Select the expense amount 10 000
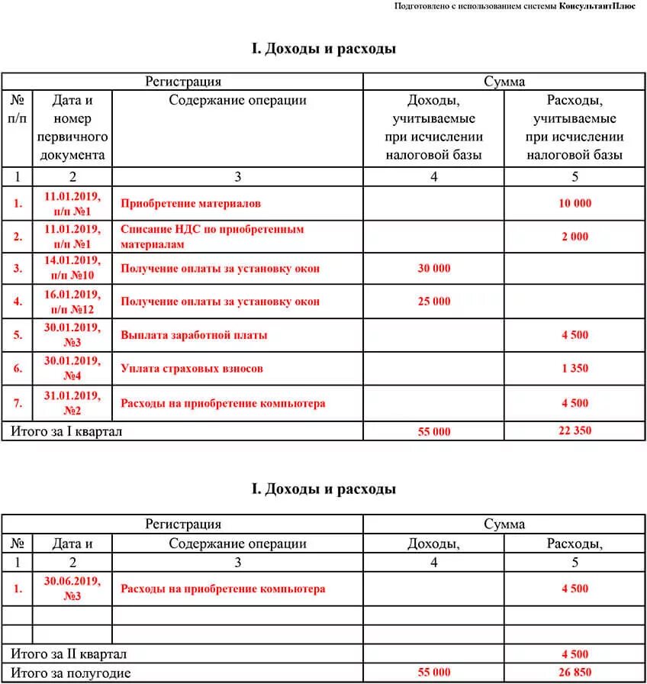tap(575, 203)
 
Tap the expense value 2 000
tap(575, 237)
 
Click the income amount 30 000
tap(434, 268)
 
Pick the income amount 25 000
tap(434, 302)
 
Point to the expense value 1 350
tap(575, 369)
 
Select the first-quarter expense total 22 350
tap(575, 431)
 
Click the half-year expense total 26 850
tap(575, 672)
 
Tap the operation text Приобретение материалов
tap(191, 203)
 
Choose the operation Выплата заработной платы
tap(194, 335)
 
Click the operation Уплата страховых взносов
tap(192, 369)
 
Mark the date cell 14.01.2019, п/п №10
tap(72, 268)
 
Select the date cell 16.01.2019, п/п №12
tap(72, 302)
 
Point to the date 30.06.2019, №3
tap(72, 589)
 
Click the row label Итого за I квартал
tap(66, 431)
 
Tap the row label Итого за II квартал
tap(69, 654)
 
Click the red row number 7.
tap(18, 403)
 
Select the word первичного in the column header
tap(72, 137)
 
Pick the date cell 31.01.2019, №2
tap(72, 402)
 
